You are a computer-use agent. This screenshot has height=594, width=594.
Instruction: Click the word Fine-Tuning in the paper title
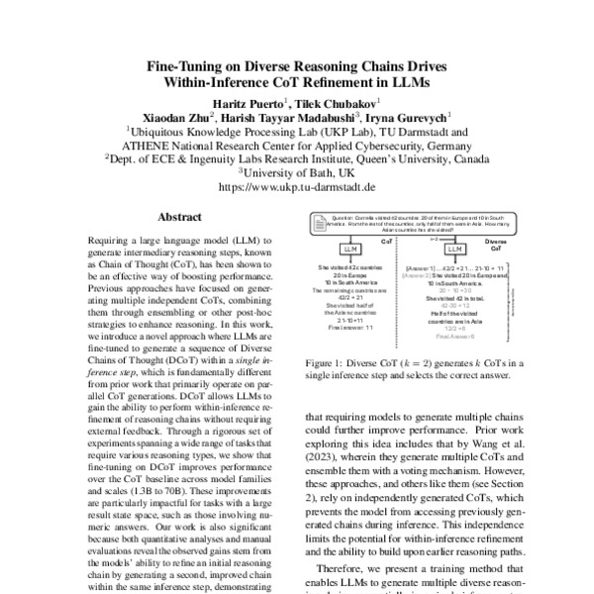click(x=188, y=66)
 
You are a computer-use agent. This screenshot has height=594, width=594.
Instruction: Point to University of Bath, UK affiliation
click(x=298, y=170)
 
